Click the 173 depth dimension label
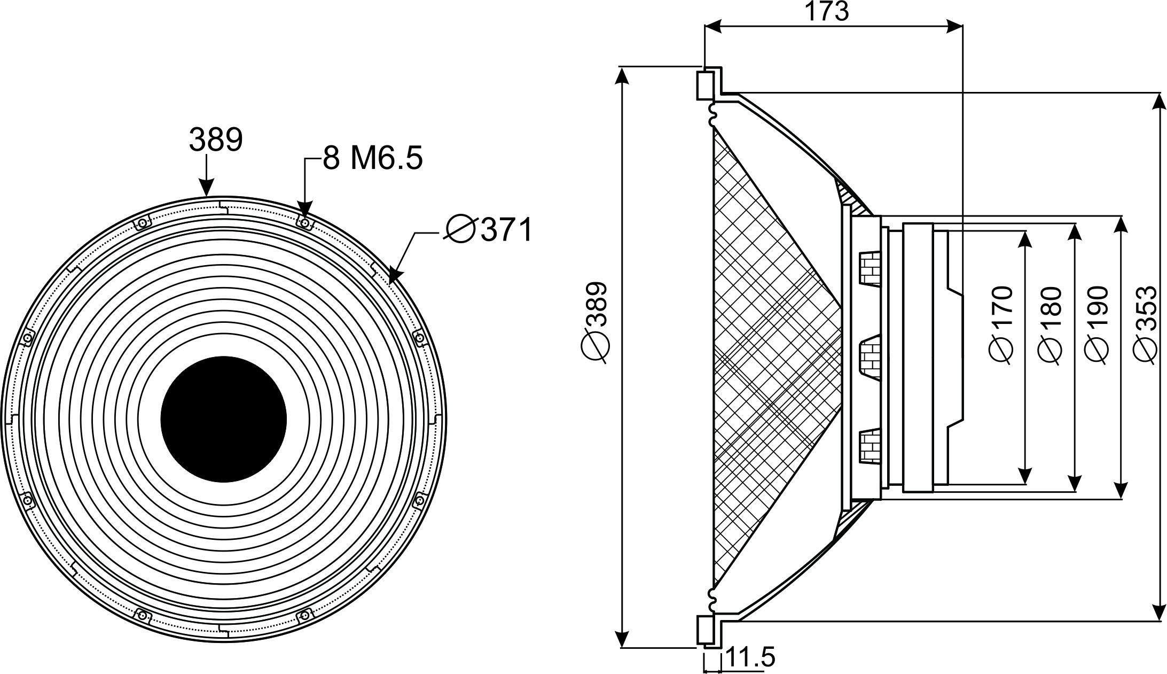pos(826,11)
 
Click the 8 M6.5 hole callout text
pos(373,158)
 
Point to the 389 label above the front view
pos(216,140)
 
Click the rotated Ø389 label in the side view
pos(594,323)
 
